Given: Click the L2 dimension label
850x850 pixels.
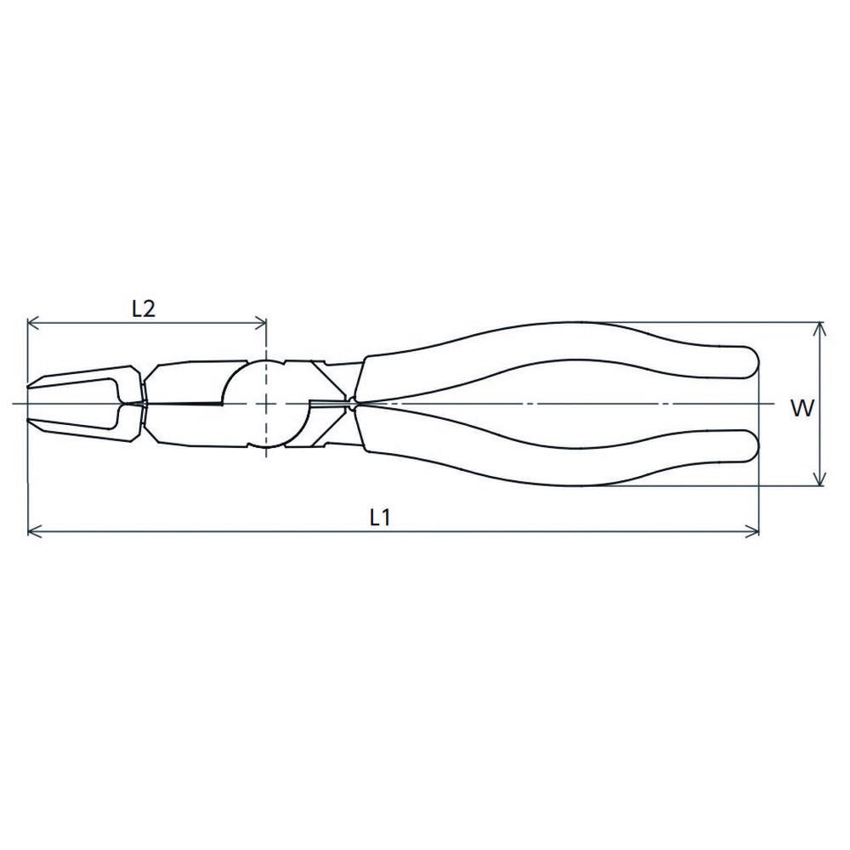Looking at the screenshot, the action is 144,309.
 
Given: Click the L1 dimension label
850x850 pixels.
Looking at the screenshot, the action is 380,518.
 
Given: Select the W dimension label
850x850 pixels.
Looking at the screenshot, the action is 802,408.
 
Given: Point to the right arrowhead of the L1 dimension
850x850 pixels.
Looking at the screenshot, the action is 752,531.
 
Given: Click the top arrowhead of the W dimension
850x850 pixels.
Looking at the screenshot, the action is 820,329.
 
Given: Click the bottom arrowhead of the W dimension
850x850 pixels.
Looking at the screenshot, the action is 820,478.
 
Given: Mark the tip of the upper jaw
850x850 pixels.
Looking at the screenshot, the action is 28,387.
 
